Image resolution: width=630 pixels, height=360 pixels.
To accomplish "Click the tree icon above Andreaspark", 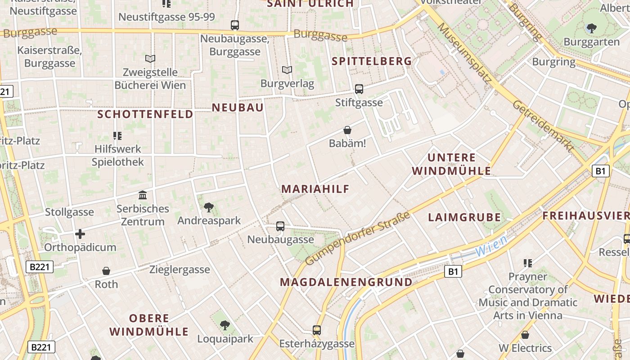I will (x=208, y=207).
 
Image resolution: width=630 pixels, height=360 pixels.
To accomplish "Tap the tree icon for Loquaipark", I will (x=225, y=325).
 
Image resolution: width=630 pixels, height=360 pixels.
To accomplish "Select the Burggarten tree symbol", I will (x=591, y=28).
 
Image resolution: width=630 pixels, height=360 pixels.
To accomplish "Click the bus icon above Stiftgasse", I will (x=359, y=89).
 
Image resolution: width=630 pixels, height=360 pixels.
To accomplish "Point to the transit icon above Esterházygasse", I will (x=317, y=330).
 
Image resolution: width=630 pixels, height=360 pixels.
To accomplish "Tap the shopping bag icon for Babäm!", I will (x=347, y=130).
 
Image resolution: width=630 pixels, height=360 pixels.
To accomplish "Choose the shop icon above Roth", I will (x=106, y=271).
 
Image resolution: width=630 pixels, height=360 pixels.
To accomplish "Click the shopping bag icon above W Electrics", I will (x=525, y=335).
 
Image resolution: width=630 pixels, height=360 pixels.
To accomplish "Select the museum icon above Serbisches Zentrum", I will (x=143, y=195).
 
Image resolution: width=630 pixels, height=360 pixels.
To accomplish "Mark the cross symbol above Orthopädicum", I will (x=80, y=234).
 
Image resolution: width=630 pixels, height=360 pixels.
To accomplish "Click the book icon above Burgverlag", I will (x=287, y=70).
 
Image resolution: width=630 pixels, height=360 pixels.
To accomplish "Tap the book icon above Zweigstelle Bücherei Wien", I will (x=150, y=58).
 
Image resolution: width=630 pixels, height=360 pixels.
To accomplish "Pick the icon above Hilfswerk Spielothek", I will (x=117, y=135).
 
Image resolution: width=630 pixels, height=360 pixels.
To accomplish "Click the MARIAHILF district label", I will (x=315, y=189).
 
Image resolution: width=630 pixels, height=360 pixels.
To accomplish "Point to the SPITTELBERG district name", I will (x=372, y=61).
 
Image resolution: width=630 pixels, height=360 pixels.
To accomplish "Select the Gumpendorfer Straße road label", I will (x=358, y=238).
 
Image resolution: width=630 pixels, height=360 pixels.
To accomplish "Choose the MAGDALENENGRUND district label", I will (x=346, y=282).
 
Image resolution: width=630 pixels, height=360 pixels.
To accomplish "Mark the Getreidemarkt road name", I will (x=543, y=126).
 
